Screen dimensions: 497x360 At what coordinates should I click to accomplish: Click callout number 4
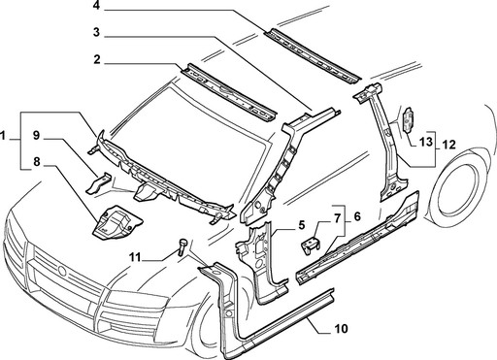click(97, 6)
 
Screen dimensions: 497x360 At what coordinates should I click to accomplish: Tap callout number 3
click(97, 33)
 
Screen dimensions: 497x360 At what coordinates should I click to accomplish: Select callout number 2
click(97, 60)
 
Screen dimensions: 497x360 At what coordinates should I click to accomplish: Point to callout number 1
click(4, 136)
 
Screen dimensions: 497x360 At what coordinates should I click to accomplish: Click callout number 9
click(35, 135)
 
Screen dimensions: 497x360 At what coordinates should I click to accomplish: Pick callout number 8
click(37, 162)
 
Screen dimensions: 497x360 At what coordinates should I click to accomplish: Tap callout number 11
click(135, 257)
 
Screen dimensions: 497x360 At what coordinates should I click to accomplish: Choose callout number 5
click(302, 225)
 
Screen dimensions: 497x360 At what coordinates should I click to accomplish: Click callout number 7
click(337, 219)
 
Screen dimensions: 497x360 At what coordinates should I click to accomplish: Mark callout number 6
click(357, 216)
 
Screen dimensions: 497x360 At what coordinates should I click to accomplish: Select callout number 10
click(341, 329)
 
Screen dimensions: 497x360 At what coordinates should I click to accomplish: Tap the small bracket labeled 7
click(311, 246)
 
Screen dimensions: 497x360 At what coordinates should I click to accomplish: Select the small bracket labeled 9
click(98, 183)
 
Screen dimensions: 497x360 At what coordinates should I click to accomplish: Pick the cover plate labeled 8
click(116, 222)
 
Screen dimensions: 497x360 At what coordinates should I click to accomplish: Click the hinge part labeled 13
click(409, 119)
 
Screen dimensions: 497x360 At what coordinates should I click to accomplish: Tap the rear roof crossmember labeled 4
click(313, 56)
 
